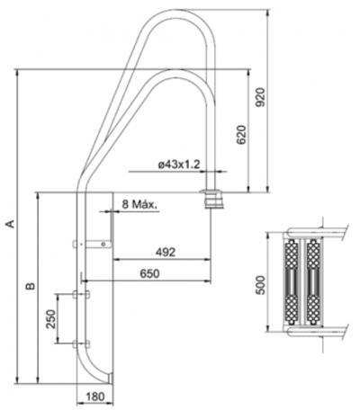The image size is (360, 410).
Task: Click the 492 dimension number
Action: point(162,253)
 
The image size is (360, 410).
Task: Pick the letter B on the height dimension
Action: point(30,287)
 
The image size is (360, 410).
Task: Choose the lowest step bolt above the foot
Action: point(87,343)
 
